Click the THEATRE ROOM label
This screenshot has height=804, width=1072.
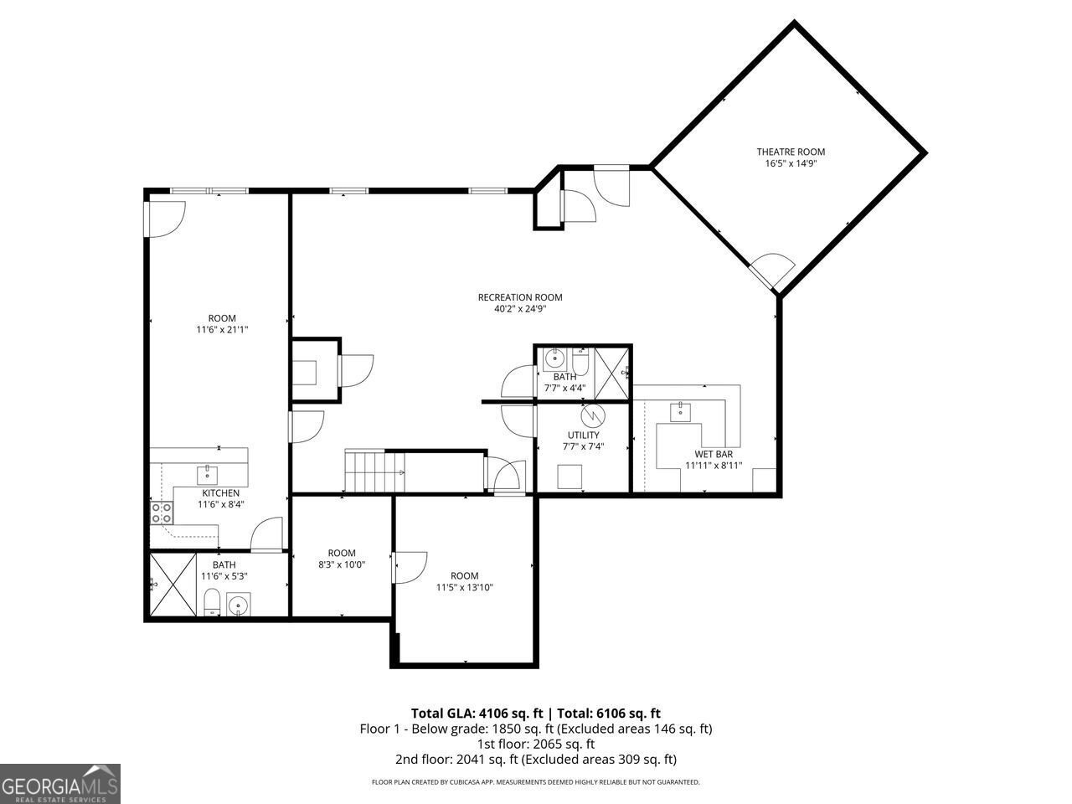tap(791, 152)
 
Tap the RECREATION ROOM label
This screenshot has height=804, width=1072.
tap(519, 297)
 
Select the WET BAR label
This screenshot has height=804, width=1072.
tap(713, 454)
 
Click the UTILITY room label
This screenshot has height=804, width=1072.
tap(583, 435)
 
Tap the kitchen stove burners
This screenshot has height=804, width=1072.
tap(161, 512)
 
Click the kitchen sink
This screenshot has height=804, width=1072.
tap(208, 475)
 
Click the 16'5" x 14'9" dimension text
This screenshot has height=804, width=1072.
tap(791, 164)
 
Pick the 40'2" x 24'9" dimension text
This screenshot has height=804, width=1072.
tap(519, 309)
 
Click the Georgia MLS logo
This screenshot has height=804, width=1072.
tap(60, 784)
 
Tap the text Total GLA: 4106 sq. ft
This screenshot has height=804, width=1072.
tap(477, 714)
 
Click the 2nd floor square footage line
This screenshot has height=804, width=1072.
tap(536, 760)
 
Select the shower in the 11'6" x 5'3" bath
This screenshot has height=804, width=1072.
tap(173, 585)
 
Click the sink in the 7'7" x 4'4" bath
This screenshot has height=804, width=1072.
tap(554, 360)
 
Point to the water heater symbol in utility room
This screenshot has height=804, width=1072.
tap(592, 415)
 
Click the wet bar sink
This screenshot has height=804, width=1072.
tap(681, 410)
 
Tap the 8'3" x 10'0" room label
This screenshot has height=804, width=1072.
tap(342, 553)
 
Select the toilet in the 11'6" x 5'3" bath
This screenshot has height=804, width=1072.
tap(212, 601)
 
